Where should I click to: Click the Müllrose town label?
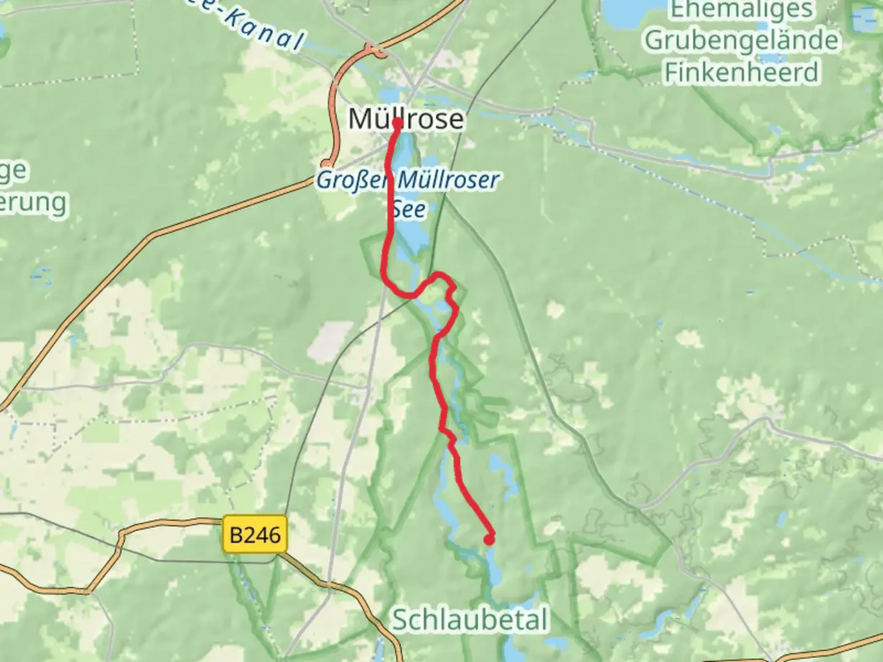406,119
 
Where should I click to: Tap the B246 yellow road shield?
254,535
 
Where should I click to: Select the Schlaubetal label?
469,620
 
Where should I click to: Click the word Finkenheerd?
741,72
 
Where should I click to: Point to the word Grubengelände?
741,40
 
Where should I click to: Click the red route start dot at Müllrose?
397,123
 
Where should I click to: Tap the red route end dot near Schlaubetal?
489,539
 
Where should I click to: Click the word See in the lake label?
408,209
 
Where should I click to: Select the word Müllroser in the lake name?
448,180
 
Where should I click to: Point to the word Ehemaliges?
741,10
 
